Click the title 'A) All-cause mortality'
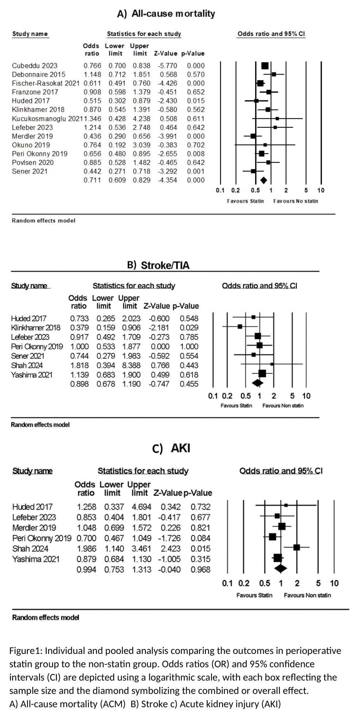(x=166, y=14)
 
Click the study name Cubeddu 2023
(x=34, y=66)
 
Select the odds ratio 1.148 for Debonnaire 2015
(x=92, y=74)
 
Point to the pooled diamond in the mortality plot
(x=263, y=180)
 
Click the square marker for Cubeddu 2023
(x=265, y=66)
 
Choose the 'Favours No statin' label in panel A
(x=295, y=201)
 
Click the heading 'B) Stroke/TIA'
(x=158, y=265)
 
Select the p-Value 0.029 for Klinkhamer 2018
(x=189, y=328)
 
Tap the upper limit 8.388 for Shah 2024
(x=131, y=365)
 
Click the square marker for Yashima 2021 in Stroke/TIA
(x=262, y=373)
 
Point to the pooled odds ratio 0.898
(x=79, y=384)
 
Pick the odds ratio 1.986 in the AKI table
(x=87, y=549)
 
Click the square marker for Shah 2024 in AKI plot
(x=296, y=547)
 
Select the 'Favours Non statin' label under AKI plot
(x=307, y=595)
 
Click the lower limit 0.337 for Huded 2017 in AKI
(x=114, y=507)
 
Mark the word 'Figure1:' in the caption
(x=26, y=651)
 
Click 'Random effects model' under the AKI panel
(x=46, y=617)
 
